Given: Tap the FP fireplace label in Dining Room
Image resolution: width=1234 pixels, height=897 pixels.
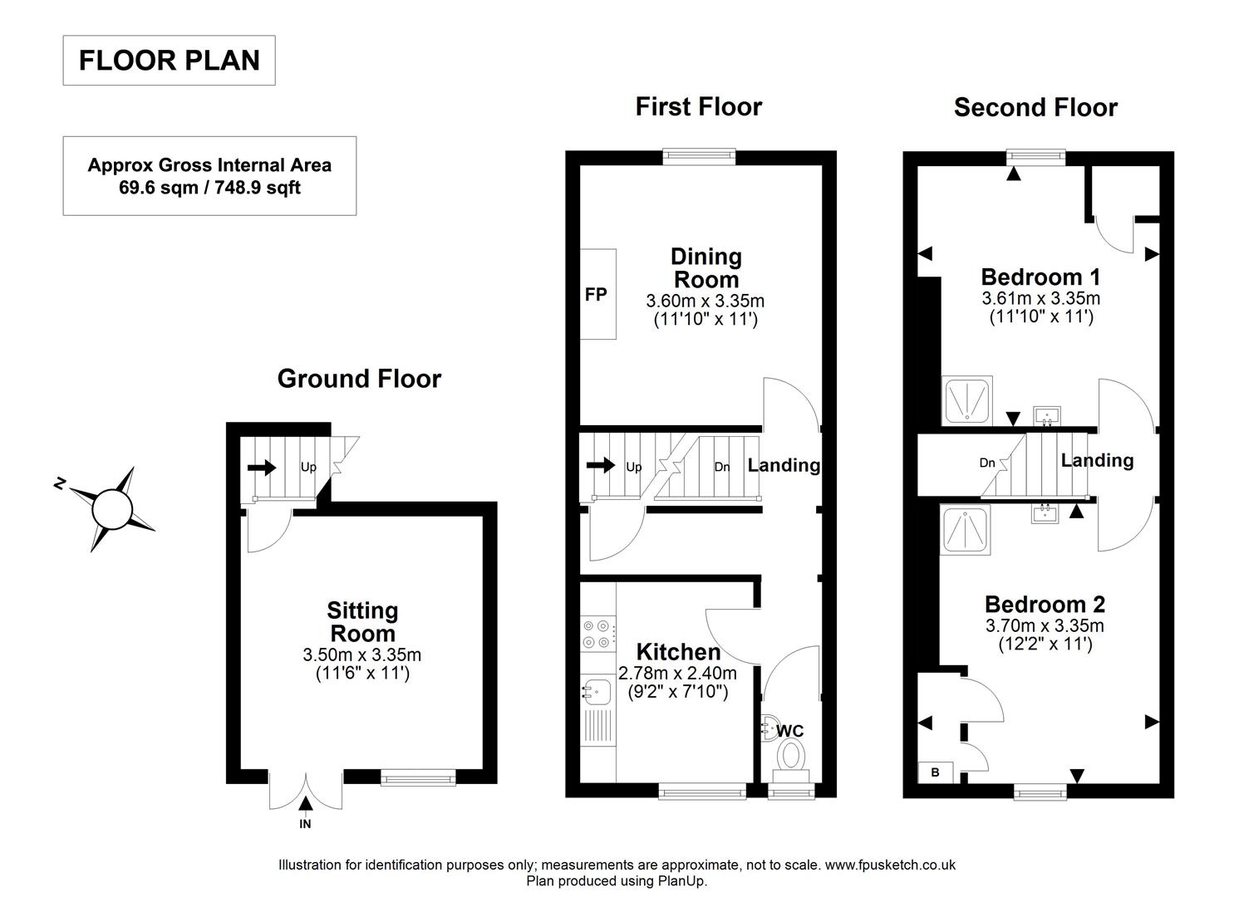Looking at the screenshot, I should (x=596, y=294).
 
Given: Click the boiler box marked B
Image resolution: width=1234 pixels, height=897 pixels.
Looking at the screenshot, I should (x=935, y=772).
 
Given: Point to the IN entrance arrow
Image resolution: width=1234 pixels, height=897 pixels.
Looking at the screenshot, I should (x=306, y=803).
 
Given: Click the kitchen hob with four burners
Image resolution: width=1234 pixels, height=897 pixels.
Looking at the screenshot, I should (x=598, y=634).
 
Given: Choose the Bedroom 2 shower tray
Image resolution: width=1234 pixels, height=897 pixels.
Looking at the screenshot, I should (x=966, y=530).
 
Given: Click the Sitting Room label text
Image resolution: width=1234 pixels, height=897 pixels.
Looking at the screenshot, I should (x=362, y=622).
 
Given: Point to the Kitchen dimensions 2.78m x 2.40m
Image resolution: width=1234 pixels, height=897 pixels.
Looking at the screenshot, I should (x=678, y=673).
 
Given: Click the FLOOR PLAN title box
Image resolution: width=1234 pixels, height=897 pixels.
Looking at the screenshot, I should (x=170, y=61).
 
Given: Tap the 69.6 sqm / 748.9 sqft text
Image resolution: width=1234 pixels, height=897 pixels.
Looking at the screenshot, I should (x=209, y=188).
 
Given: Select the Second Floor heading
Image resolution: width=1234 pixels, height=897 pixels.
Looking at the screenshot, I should (x=1035, y=108).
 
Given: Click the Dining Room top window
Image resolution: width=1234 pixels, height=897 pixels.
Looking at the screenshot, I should (x=700, y=155).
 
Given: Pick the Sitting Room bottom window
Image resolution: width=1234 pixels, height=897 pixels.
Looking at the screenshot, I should (x=418, y=777).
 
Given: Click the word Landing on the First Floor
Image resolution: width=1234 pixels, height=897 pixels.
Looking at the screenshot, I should (x=784, y=465).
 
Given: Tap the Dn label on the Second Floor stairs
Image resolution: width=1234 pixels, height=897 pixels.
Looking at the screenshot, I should (x=987, y=463).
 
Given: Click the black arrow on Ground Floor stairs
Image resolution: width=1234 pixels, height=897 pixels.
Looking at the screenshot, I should (x=262, y=468).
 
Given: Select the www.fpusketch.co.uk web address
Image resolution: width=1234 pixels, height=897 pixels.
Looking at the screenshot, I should (x=890, y=865).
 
